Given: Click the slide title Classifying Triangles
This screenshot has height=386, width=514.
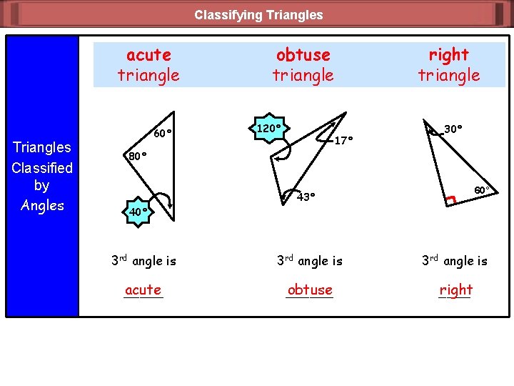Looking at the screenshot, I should click(258, 14).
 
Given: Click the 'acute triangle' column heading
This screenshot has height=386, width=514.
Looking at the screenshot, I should click(148, 64).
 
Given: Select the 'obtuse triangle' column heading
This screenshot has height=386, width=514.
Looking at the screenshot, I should click(303, 64).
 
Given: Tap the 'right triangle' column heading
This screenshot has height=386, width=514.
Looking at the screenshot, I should click(448, 64).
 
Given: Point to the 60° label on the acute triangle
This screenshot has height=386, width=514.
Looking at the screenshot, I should click(163, 132).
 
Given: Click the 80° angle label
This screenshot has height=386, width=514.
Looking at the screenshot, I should click(136, 156).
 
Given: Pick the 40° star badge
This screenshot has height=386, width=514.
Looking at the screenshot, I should click(138, 212).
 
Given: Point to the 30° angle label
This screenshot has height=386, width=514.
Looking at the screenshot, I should click(453, 129).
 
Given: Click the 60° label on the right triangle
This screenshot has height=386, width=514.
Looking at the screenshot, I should click(482, 190).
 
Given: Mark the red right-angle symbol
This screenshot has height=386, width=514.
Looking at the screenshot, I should click(450, 202).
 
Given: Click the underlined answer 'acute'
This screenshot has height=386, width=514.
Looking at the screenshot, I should click(143, 289).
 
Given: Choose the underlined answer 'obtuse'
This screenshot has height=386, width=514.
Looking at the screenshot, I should click(310, 289).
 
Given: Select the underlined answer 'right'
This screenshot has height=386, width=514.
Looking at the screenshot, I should click(455, 289).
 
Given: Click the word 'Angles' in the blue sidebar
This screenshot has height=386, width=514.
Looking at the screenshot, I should click(42, 205).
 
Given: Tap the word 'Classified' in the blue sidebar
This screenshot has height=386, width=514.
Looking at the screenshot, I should click(42, 167).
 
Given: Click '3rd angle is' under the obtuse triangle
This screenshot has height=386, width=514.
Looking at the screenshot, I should click(309, 261).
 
